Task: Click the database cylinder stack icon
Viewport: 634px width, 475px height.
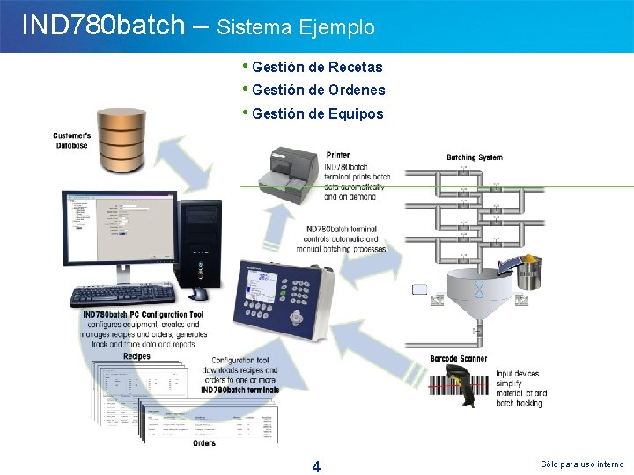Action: pos(122,143)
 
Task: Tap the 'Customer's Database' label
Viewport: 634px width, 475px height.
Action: pos(71,140)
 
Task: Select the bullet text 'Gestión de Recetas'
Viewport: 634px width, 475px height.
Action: pos(317,67)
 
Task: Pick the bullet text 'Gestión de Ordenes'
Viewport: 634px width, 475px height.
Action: pos(318,90)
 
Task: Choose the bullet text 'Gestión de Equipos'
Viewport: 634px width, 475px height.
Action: pos(317,113)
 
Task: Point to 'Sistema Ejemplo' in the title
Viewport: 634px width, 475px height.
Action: pos(296,27)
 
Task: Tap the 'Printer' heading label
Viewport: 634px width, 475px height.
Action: pos(338,156)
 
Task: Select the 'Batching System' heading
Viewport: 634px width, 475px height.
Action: pos(475,157)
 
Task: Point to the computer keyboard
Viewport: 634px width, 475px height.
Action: pos(122,296)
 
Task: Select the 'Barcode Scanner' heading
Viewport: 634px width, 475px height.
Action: pos(459,359)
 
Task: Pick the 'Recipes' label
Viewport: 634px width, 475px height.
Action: pos(136,356)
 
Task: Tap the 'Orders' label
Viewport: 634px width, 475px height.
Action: pos(204,443)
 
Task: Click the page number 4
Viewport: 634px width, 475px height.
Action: pos(316,466)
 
